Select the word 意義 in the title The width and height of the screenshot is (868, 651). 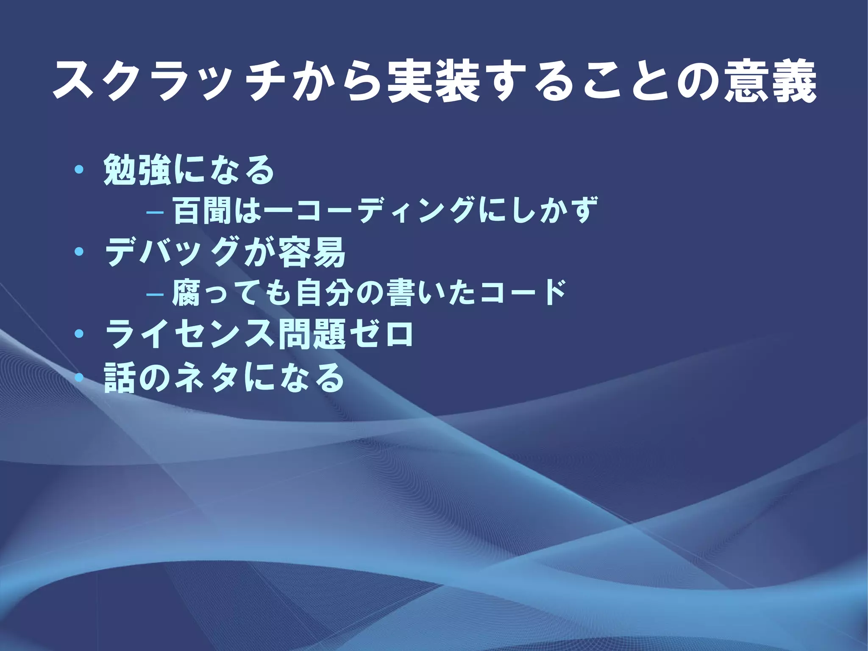(770, 83)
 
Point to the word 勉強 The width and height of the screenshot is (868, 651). (138, 170)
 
